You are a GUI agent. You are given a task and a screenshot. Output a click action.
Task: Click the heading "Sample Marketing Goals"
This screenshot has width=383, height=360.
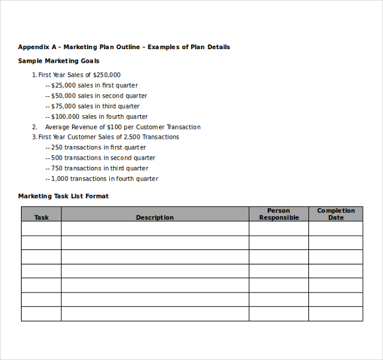59,61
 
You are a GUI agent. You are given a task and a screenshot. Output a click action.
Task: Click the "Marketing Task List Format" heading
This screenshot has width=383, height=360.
64,196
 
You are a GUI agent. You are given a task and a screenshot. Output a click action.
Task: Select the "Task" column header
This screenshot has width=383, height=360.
41,217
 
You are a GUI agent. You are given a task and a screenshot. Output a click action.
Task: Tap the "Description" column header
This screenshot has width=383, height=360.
155,217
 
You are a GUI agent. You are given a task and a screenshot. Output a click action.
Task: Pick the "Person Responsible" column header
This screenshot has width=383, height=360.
279,214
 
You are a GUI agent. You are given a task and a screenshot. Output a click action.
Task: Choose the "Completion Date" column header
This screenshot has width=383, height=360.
336,214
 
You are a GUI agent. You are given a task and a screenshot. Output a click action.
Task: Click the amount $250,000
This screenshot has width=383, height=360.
107,75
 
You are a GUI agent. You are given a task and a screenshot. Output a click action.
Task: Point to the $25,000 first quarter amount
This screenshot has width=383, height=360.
64,86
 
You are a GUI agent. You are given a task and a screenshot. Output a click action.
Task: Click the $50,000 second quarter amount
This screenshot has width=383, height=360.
64,96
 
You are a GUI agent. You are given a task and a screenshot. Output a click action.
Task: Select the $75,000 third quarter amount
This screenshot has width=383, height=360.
64,107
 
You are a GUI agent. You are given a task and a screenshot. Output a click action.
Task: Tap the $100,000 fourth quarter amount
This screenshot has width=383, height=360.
65,117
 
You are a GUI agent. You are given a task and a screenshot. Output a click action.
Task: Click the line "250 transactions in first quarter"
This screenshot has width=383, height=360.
98,148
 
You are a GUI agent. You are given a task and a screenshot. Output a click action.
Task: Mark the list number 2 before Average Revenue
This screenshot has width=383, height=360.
34,127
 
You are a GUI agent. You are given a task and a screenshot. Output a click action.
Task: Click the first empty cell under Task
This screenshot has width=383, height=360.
41,228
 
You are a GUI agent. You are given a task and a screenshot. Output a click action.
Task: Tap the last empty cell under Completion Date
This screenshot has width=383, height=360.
336,314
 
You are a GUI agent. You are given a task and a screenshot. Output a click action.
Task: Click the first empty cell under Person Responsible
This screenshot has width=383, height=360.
279,228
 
